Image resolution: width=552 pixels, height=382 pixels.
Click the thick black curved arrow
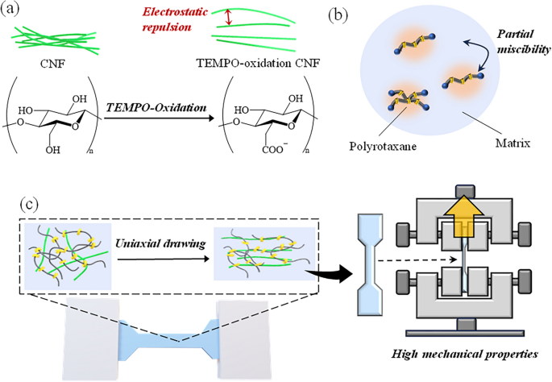coord(330,270)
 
